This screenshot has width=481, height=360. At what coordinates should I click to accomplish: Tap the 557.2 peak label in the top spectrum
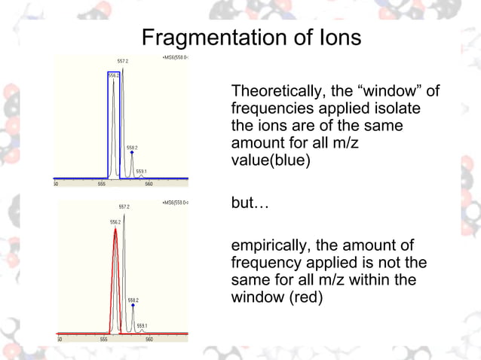coord(123,60)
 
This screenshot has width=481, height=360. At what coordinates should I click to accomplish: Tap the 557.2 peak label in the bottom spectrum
coord(124,206)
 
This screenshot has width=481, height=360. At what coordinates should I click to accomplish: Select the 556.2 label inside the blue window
coord(114,75)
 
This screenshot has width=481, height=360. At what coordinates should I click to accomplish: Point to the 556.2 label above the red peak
coord(115,222)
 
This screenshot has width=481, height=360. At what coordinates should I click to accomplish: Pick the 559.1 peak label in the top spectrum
coord(141,172)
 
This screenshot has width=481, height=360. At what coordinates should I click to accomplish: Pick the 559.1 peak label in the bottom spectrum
coord(142,325)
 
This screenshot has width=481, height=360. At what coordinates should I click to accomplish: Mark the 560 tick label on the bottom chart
coord(149,339)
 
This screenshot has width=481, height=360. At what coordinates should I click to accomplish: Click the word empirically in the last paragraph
coord(268,248)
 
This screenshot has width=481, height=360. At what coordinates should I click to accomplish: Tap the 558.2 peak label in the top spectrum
coord(132,147)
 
